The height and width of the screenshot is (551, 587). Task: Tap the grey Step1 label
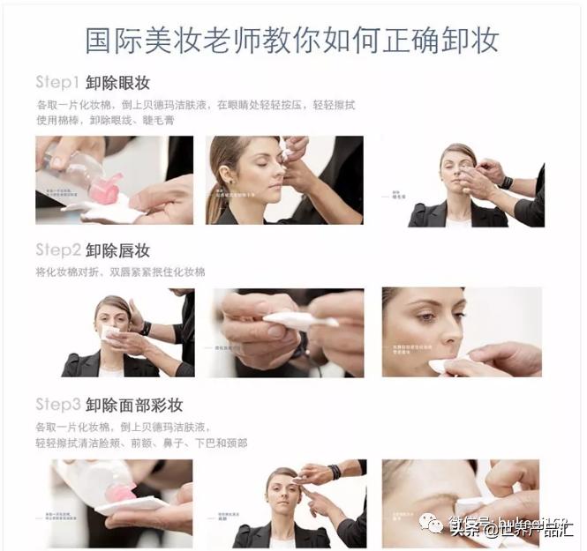tap(57, 83)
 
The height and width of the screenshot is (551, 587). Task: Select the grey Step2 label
tap(57, 249)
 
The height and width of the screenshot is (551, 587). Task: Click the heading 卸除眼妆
tap(118, 83)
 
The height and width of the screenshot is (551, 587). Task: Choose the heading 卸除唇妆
tap(118, 249)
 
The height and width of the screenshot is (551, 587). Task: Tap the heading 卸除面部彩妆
tap(134, 405)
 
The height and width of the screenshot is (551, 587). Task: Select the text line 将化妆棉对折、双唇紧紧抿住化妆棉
tap(120, 272)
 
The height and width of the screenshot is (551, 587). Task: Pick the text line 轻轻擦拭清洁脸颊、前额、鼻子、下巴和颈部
tap(141, 443)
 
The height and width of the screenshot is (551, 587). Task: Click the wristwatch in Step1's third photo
tap(506, 182)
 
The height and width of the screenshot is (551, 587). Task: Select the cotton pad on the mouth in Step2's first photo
tap(110, 333)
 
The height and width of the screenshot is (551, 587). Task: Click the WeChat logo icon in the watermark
tap(433, 526)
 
